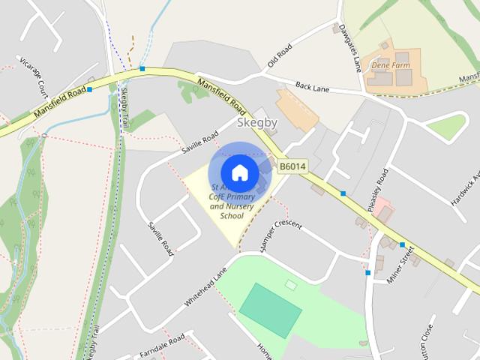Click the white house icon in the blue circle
pyautogui.click(x=239, y=172)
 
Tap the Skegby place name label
pyautogui.click(x=257, y=123)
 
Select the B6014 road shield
pyautogui.click(x=292, y=166)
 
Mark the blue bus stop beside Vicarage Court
pyautogui.click(x=89, y=90)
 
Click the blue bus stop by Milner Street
pyautogui.click(x=402, y=245)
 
